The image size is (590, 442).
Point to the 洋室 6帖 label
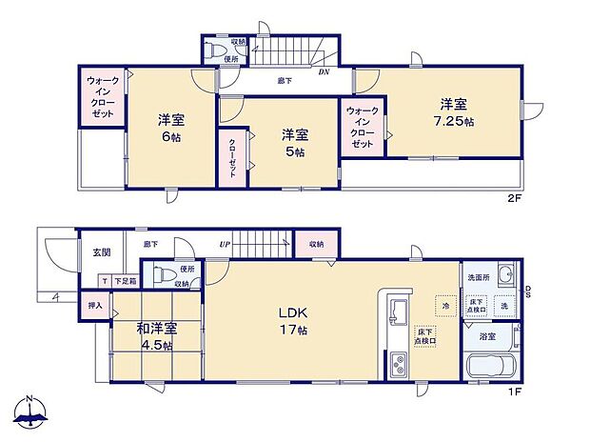click(170, 128)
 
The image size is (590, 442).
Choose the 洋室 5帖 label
click(293, 143)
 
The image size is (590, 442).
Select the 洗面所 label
click(477, 277)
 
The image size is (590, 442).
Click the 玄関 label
click(101, 252)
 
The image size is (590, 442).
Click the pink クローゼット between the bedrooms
click(231, 160)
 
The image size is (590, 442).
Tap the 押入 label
click(94, 306)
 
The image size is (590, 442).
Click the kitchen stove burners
click(399, 365)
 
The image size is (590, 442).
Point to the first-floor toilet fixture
click(169, 276)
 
